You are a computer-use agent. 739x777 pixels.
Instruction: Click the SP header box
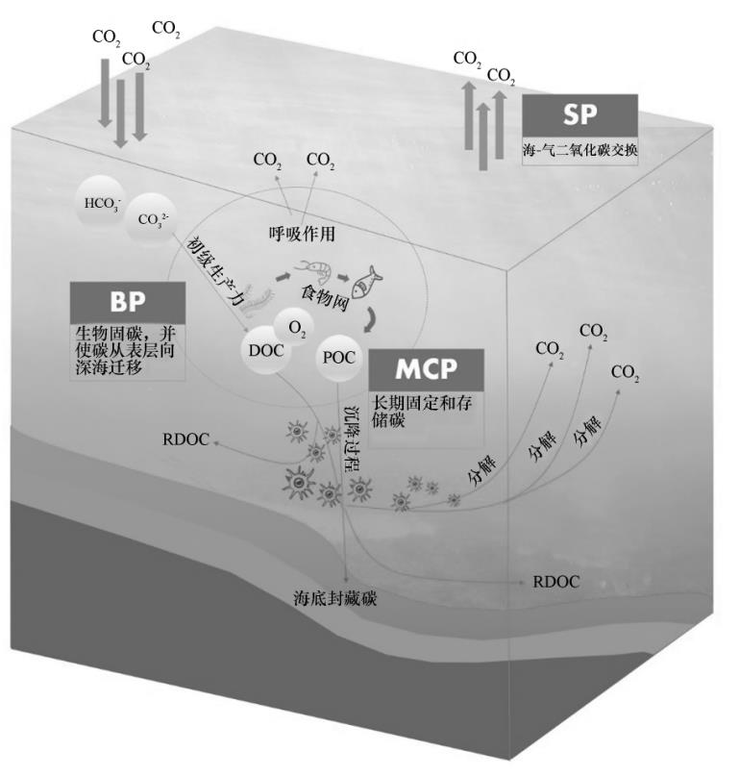pyautogui.click(x=579, y=116)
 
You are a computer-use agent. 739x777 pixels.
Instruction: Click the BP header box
pyautogui.click(x=129, y=303)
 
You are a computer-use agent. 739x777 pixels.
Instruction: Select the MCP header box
pyautogui.click(x=426, y=370)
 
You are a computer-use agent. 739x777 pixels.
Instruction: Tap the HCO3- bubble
pyautogui.click(x=101, y=202)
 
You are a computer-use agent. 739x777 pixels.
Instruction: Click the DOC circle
pyautogui.click(x=266, y=350)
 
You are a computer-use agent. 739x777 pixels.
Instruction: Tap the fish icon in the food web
pyautogui.click(x=366, y=282)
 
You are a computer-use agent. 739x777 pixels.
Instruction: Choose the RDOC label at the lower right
pyautogui.click(x=556, y=582)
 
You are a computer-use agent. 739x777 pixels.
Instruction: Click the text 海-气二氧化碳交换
pyautogui.click(x=580, y=151)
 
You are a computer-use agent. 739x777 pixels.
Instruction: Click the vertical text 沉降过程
pyautogui.click(x=352, y=438)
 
